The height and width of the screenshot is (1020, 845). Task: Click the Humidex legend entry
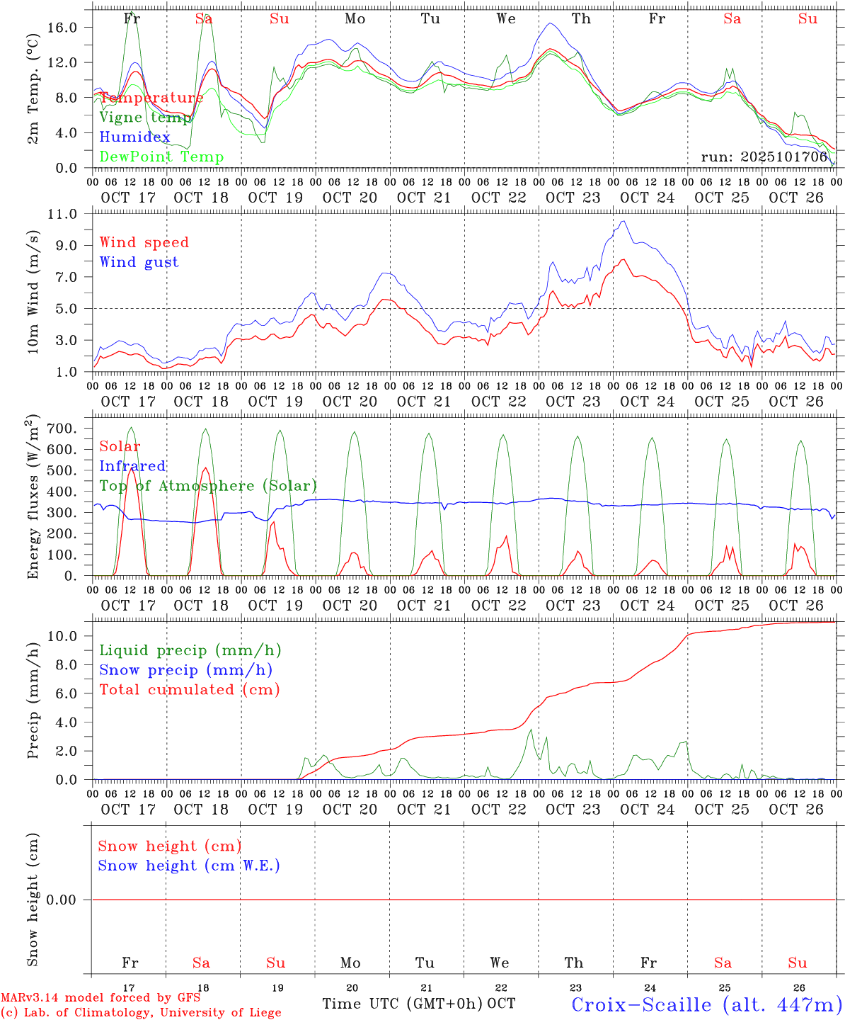pyautogui.click(x=134, y=137)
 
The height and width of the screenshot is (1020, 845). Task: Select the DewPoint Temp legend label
pyautogui.click(x=161, y=157)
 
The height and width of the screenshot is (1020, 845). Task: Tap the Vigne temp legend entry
pyautogui.click(x=144, y=117)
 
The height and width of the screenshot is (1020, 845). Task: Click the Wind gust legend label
pyautogui.click(x=139, y=262)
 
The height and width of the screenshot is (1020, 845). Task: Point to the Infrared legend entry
pyautogui.click(x=132, y=466)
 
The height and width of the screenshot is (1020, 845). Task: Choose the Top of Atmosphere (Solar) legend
pyautogui.click(x=207, y=486)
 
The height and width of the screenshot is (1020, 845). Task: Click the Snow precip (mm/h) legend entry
pyautogui.click(x=185, y=670)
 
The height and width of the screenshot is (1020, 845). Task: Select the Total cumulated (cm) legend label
pyautogui.click(x=189, y=689)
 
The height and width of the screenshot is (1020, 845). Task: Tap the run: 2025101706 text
pyautogui.click(x=764, y=157)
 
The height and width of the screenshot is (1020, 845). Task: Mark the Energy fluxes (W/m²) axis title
pyautogui.click(x=33, y=498)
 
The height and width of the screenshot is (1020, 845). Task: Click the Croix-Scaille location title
pyautogui.click(x=706, y=1004)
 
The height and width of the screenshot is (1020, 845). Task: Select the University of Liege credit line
pyautogui.click(x=141, y=1013)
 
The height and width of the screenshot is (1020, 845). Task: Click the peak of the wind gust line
pyautogui.click(x=623, y=221)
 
